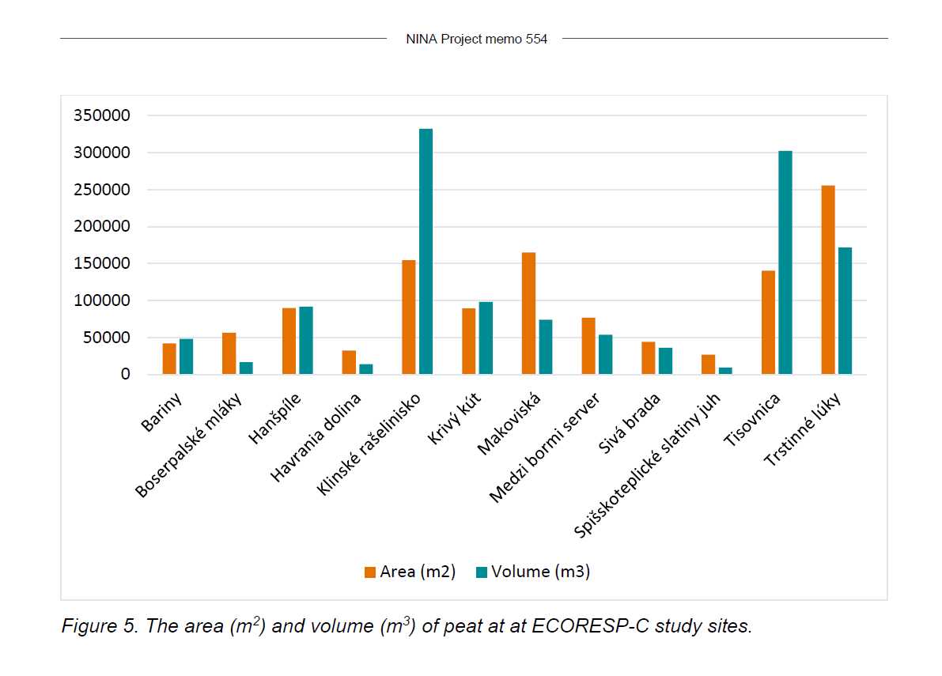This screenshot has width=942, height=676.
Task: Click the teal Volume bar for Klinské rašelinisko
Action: click(426, 251)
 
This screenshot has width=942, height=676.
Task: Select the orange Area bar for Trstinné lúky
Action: click(828, 280)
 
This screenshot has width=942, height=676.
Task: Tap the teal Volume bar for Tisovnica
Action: click(785, 262)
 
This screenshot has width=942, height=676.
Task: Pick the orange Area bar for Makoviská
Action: click(528, 313)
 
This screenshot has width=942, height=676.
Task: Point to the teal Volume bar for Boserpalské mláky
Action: click(246, 368)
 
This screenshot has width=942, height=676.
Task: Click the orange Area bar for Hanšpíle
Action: click(289, 341)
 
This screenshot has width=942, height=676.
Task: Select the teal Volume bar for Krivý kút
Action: click(486, 338)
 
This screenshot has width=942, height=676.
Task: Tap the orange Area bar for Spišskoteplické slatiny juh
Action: click(708, 364)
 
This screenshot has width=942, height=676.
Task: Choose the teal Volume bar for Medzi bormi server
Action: click(605, 354)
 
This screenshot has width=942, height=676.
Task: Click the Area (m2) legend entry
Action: click(410, 572)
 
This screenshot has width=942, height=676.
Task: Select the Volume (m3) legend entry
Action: click(532, 572)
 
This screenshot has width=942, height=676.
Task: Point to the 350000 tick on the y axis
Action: click(101, 115)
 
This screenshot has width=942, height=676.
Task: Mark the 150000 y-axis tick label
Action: click(101, 263)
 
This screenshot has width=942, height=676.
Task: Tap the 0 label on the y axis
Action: click(124, 374)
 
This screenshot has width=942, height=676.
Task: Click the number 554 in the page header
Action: click(535, 39)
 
